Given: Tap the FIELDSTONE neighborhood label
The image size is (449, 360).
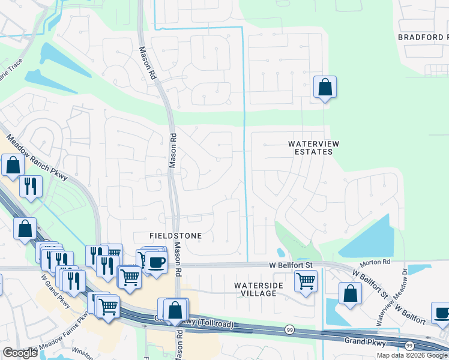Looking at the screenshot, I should (176, 236).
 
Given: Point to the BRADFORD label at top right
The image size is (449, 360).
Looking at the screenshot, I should (423, 37).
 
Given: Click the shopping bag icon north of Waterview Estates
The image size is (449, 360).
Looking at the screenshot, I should (325, 87).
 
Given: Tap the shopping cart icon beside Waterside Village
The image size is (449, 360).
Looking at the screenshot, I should (306, 280).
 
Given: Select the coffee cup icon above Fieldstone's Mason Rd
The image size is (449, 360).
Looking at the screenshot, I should (156, 262).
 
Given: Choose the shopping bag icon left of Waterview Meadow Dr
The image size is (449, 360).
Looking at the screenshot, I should (350, 294).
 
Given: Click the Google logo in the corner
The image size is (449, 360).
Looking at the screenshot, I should (19, 353).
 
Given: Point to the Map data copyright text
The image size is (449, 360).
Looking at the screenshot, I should (411, 355).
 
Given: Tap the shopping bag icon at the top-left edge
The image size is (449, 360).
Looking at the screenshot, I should (13, 164).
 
